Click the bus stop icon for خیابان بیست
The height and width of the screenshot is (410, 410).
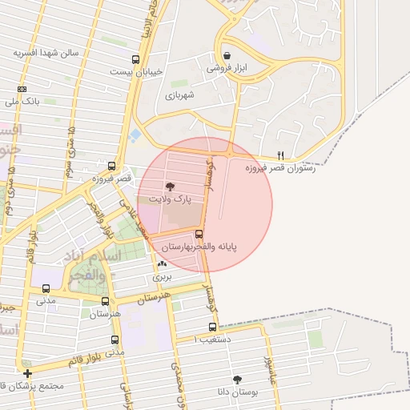(135, 58)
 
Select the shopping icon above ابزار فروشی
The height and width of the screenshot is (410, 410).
(228, 56)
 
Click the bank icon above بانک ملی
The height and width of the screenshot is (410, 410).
(21, 89)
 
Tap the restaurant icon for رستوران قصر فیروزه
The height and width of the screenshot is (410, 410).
(280, 155)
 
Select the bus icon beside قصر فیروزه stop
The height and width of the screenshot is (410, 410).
(111, 167)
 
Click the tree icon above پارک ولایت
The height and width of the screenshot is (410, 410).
(169, 186)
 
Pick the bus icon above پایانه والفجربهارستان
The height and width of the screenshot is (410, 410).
(199, 234)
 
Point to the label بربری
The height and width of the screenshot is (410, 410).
(163, 276)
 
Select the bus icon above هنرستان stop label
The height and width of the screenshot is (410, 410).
(105, 302)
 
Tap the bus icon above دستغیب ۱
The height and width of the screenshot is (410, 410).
(212, 327)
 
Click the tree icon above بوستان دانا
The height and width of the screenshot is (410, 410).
(238, 380)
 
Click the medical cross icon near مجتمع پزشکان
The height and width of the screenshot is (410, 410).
(28, 373)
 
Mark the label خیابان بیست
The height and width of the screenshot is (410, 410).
(144, 71)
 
